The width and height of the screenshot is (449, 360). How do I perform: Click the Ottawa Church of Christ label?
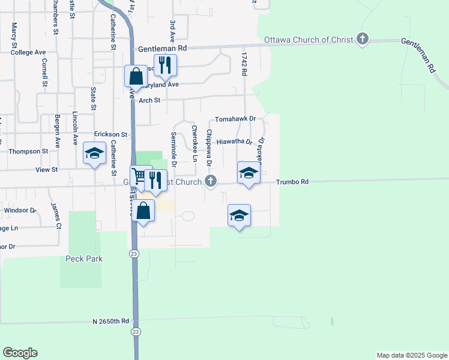(x=309, y=40)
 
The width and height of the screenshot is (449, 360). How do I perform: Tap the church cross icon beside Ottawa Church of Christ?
(x=362, y=40)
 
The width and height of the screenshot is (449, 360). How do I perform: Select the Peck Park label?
(x=84, y=259)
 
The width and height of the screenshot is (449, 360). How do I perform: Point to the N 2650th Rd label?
(x=111, y=321)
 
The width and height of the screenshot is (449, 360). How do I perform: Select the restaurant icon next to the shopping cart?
(x=155, y=180)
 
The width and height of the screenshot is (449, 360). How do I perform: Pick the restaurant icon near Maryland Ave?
(x=164, y=65)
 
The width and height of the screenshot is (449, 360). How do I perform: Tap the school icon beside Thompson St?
(x=94, y=153)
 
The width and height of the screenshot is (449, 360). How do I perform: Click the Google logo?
(x=20, y=353)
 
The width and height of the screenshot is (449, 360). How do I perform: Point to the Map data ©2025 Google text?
(x=411, y=355)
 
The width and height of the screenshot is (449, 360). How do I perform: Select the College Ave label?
(x=28, y=52)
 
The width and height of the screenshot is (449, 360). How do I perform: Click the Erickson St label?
(x=111, y=134)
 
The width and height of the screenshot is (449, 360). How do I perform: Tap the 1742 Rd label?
(x=244, y=64)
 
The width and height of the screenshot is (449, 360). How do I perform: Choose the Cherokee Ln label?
(x=194, y=143)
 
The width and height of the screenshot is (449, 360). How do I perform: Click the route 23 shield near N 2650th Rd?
(x=136, y=332)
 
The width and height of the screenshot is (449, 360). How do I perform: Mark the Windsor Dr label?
(x=20, y=211)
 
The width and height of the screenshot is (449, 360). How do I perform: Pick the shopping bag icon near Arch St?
(x=136, y=76)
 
